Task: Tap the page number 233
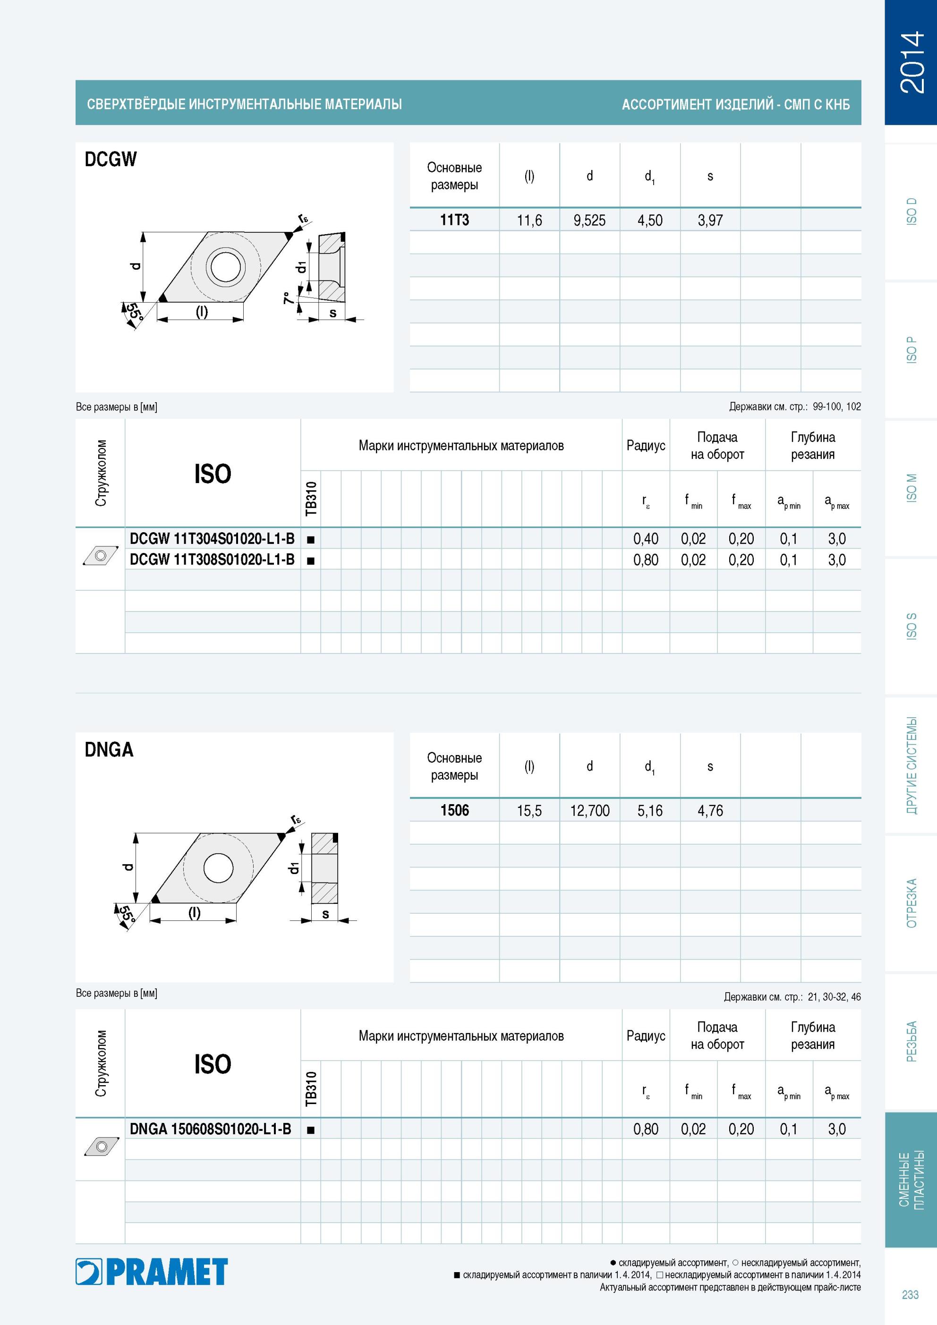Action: tap(910, 1295)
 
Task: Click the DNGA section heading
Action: tap(109, 750)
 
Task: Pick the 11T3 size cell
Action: tap(454, 220)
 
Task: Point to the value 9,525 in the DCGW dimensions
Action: tap(589, 221)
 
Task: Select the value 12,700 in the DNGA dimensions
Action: tap(589, 811)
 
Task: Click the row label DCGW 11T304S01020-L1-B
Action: tap(212, 538)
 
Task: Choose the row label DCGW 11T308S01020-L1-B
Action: tap(212, 559)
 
